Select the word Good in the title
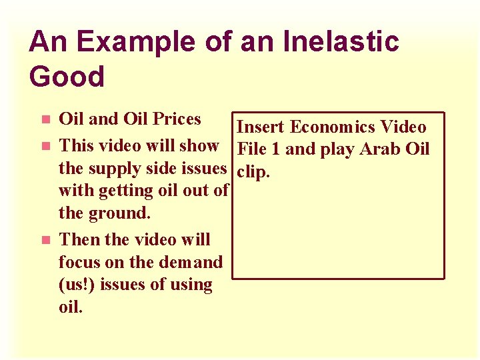click(x=67, y=77)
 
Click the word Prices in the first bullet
click(x=177, y=119)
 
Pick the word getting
click(x=126, y=191)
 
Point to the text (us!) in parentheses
click(x=78, y=285)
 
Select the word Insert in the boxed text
click(x=261, y=127)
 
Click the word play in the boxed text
click(x=337, y=150)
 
